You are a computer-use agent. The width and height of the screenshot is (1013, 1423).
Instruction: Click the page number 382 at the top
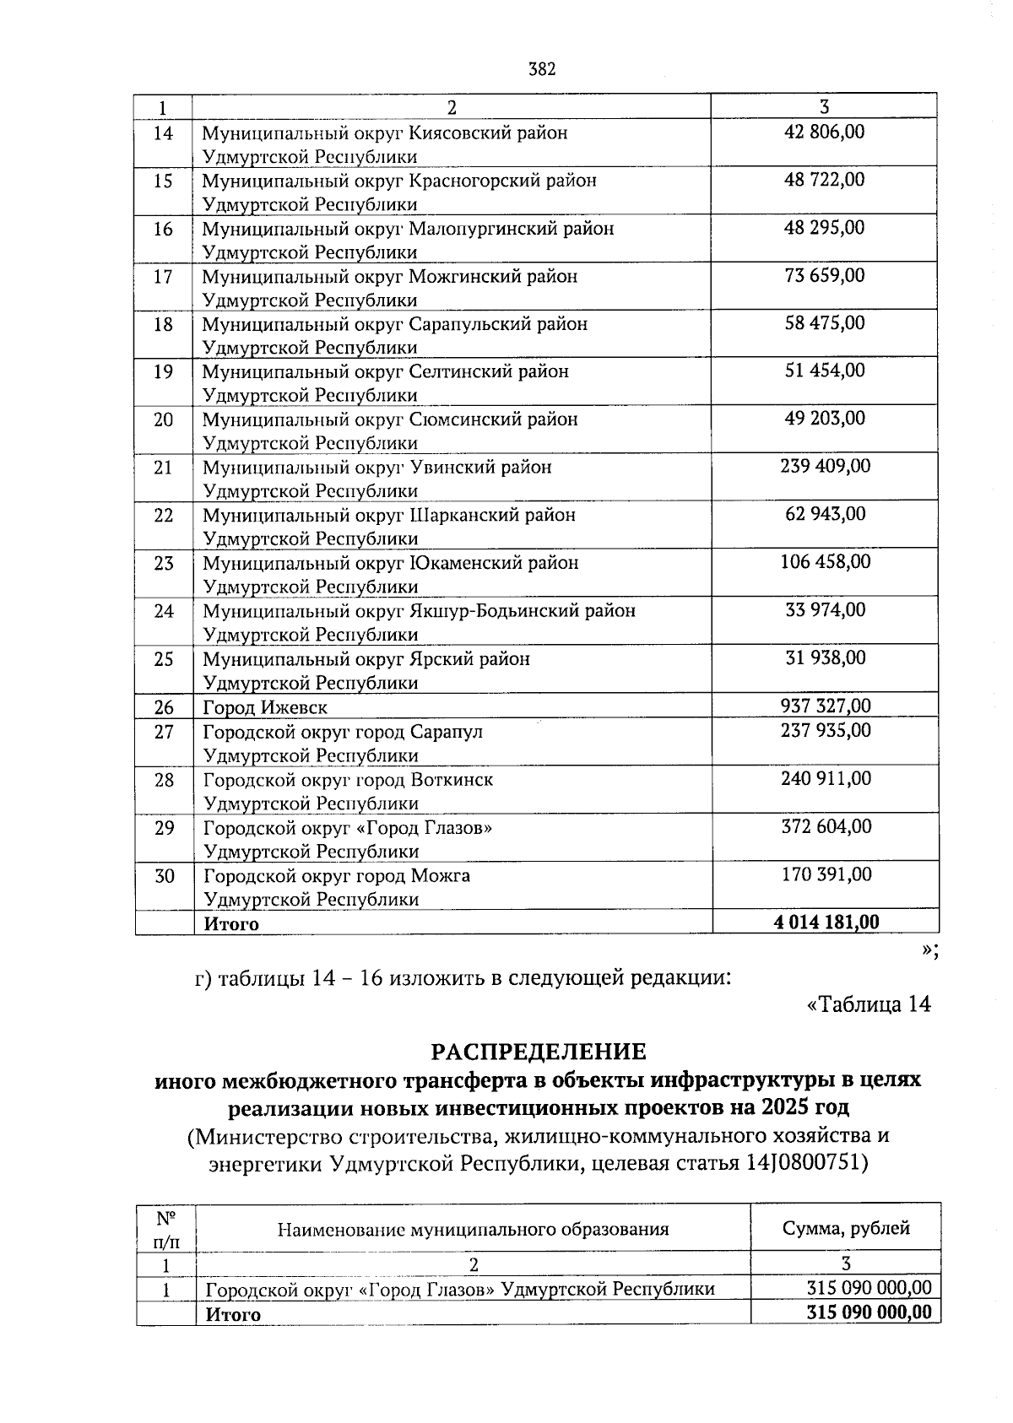point(542,69)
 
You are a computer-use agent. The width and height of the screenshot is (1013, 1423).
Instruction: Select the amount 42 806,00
point(825,133)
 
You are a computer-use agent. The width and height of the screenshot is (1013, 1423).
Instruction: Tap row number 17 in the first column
point(163,277)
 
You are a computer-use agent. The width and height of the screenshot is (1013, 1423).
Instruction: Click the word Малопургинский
point(512,229)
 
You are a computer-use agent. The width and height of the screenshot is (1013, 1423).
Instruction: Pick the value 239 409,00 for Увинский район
point(825,466)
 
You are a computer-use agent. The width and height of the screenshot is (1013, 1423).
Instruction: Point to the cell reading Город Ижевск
point(265,707)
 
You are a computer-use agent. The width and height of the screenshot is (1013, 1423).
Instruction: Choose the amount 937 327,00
point(825,706)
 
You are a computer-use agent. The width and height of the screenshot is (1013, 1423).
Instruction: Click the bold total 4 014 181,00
point(826,923)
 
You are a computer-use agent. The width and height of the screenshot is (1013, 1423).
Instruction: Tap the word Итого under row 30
point(231,924)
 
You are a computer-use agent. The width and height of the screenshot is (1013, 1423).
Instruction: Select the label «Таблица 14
point(869,1004)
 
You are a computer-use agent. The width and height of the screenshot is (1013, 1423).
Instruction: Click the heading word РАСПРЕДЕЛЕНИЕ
point(539,1052)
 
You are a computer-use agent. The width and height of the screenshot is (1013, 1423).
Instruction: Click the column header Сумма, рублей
point(846,1228)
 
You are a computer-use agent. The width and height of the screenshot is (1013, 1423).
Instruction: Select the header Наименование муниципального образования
point(473,1229)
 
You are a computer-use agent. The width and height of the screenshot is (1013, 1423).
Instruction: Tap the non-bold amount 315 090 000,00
point(869,1288)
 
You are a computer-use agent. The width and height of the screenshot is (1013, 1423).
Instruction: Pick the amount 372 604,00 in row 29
point(826,826)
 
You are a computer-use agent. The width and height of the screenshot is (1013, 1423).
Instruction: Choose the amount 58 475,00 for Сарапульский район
point(825,323)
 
